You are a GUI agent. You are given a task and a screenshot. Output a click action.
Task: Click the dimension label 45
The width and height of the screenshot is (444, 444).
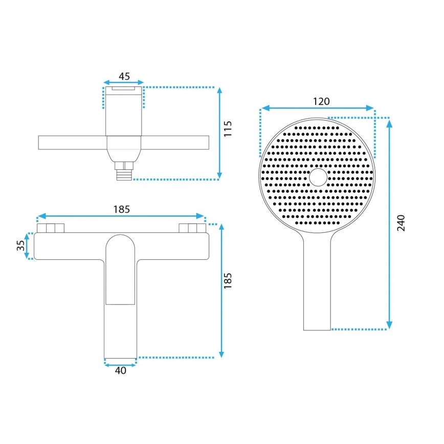tap(124, 76)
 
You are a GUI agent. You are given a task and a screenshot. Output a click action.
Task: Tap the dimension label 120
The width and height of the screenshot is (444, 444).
tap(321, 101)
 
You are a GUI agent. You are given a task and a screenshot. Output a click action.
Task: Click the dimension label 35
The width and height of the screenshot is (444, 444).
tap(21, 246)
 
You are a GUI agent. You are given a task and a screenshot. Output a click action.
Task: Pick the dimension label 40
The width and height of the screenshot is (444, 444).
tap(121, 371)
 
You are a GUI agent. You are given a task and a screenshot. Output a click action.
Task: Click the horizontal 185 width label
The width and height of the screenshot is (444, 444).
tap(122, 209)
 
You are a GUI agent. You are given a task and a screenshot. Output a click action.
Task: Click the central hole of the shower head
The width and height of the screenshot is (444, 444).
tap(318, 177)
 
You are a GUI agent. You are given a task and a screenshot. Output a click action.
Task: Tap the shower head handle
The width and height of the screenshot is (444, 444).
tap(317, 286)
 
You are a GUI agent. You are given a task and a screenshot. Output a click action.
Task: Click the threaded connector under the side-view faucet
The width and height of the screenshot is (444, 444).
tap(124, 171)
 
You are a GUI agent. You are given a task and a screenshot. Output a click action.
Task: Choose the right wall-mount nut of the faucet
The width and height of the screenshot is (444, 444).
tap(192, 228)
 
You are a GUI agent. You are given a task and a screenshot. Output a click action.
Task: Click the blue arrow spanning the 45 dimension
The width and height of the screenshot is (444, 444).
tap(124, 82)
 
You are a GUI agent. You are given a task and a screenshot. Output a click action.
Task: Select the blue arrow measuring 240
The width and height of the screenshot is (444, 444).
tap(390, 223)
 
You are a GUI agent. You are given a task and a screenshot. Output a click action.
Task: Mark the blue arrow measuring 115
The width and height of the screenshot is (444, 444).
tap(220, 134)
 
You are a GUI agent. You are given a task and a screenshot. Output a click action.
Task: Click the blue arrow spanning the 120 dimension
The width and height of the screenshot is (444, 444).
tap(317, 108)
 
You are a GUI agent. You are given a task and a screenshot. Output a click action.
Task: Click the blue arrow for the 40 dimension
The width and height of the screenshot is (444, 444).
tap(121, 364)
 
